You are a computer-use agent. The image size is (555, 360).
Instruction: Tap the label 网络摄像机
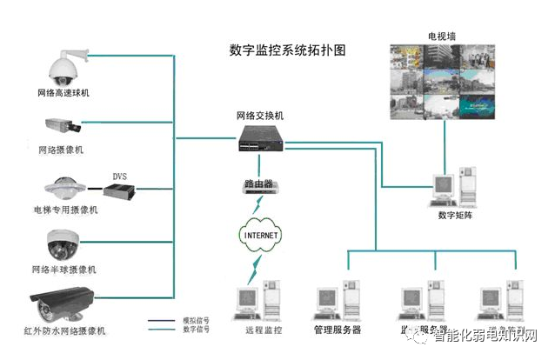(x=60, y=150)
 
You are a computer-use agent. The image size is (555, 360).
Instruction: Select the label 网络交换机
(x=259, y=116)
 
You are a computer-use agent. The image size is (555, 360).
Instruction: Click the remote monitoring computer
(x=254, y=300)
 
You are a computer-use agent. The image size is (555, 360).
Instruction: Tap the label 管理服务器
(x=338, y=330)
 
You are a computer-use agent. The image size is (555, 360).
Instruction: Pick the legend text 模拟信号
(x=195, y=321)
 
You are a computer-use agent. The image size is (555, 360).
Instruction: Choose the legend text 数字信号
(x=195, y=330)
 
